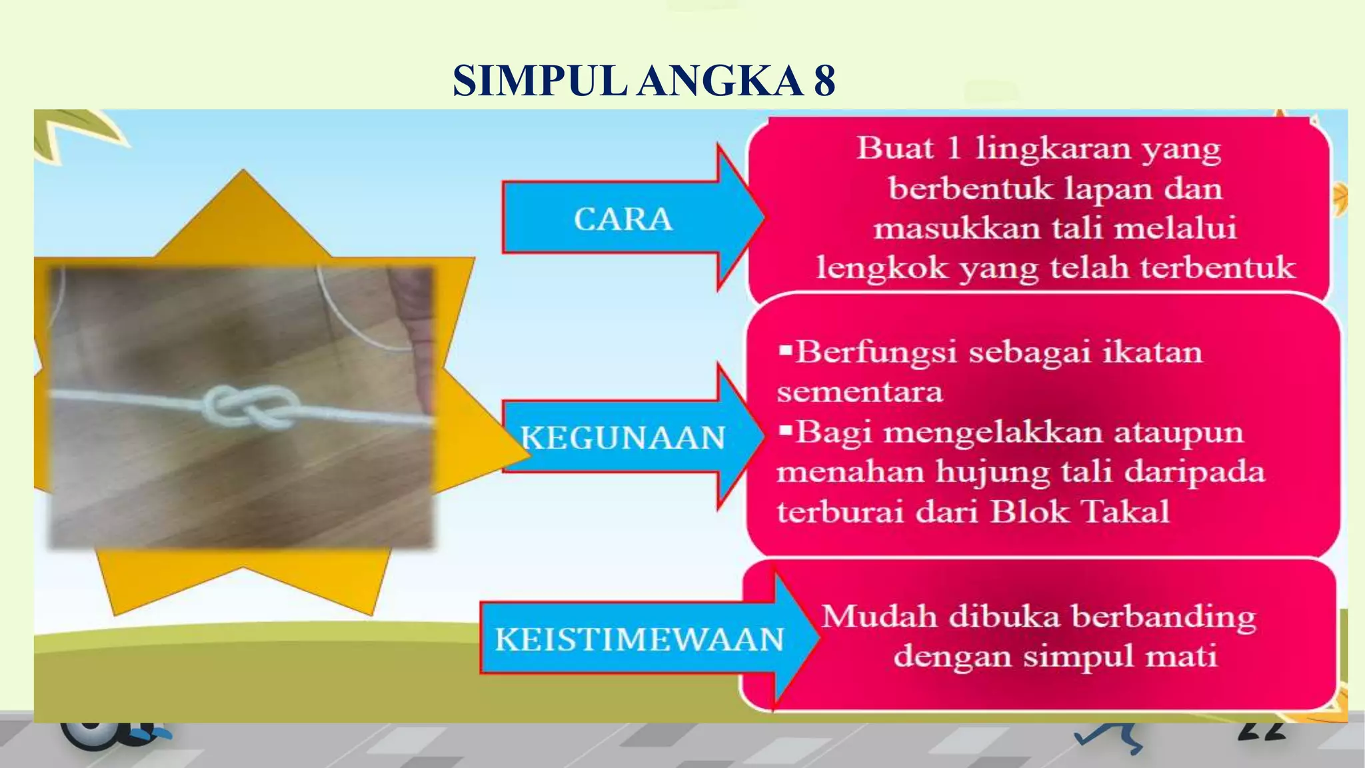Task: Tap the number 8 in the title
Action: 824,81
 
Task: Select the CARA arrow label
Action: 623,219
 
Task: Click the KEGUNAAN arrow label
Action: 623,438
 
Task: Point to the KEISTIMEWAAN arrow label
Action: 639,639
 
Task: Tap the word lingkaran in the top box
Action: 1053,148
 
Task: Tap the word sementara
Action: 860,391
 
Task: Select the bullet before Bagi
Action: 785,431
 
